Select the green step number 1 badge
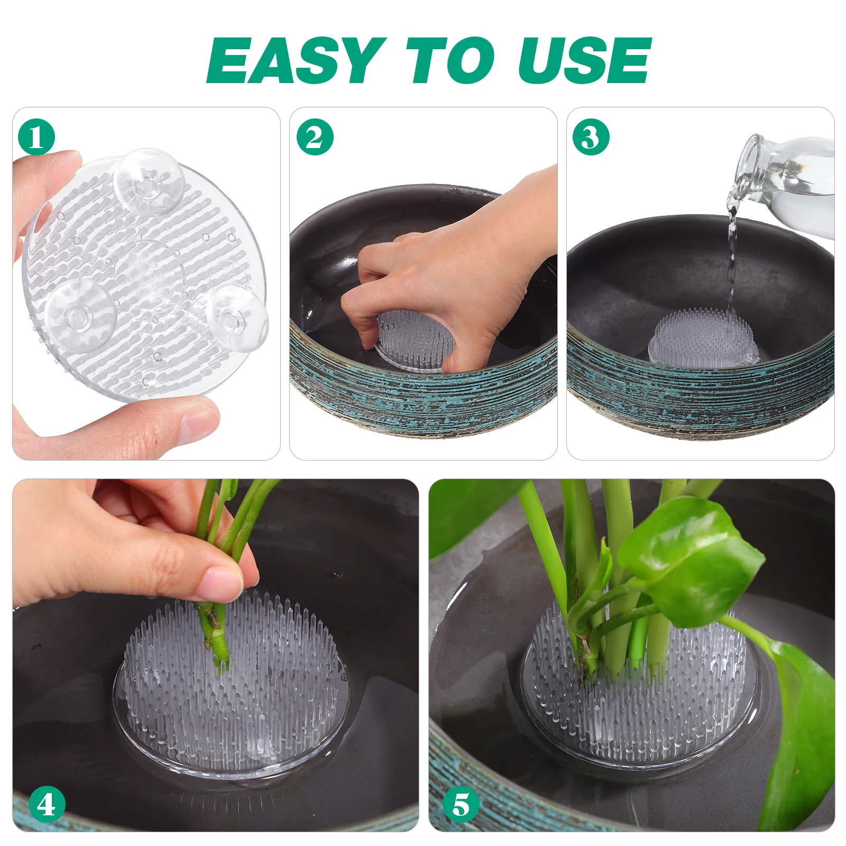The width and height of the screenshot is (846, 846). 36,137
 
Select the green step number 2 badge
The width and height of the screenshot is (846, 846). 315,137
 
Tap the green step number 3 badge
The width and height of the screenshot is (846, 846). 591,137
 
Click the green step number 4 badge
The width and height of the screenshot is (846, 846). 47,805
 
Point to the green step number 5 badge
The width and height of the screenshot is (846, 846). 461,805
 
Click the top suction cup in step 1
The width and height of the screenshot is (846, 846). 149,181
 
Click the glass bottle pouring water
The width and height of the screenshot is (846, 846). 788,169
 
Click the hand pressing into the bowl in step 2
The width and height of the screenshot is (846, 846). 449,275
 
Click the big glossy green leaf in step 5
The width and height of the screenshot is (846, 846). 693,560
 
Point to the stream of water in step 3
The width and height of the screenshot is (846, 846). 732,259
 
